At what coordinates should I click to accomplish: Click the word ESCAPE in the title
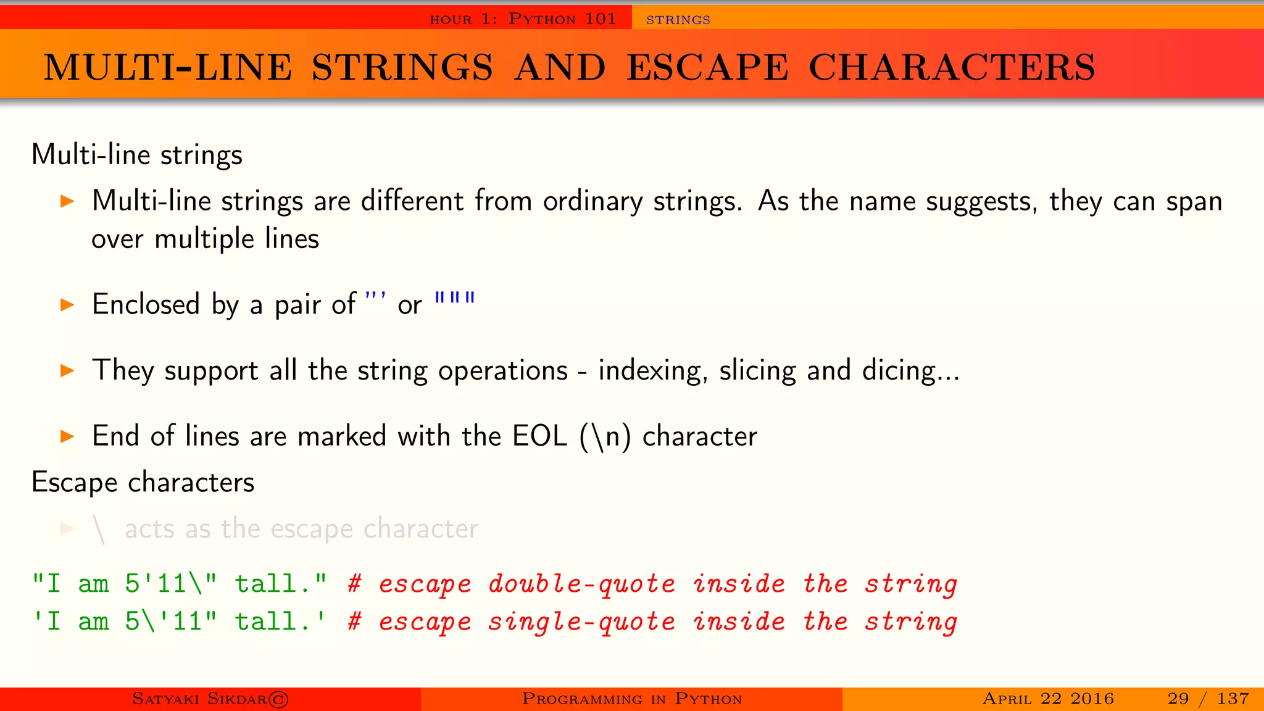707,67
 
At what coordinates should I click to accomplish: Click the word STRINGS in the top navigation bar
678,20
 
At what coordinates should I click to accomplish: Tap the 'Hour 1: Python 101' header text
523,19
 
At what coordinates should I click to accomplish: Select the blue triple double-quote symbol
455,299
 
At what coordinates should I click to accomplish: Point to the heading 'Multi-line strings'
137,154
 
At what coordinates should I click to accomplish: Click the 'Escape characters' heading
143,482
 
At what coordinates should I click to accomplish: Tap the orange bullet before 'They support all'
67,370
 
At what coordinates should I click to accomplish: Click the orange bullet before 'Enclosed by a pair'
67,304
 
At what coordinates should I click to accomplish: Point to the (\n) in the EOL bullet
605,436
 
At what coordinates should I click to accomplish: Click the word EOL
539,436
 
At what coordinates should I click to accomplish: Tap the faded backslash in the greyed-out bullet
99,530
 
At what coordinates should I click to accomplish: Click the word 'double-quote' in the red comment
581,584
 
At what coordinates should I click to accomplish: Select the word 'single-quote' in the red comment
581,622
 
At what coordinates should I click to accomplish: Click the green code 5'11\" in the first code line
171,584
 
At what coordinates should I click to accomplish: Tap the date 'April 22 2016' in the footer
1048,699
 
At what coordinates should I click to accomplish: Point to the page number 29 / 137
1208,699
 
